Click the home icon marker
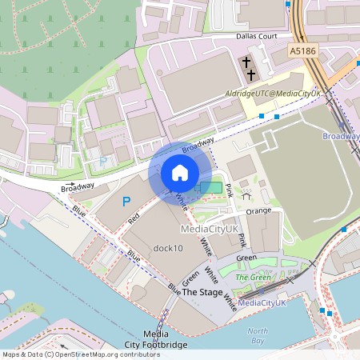180,173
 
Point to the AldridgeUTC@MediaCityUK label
273,94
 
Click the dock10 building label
168,248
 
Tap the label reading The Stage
202,292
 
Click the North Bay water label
258,336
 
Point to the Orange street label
259,212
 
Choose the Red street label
134,218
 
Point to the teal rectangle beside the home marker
213,186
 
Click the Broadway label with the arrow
78,187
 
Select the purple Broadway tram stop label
341,137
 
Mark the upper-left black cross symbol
247,62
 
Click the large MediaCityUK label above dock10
210,229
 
